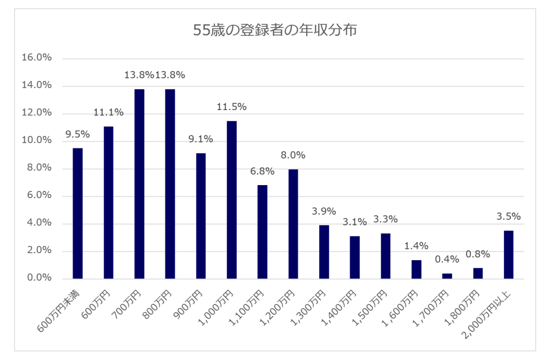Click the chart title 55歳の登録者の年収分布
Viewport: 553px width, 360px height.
tap(275, 31)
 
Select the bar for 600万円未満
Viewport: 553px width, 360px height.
tap(78, 213)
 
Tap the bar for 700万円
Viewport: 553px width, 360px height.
tap(139, 184)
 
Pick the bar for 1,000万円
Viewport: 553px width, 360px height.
tap(232, 200)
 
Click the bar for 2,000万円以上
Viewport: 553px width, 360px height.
tap(508, 254)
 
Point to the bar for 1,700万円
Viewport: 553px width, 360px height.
tap(447, 276)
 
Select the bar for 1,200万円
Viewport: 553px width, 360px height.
tap(293, 224)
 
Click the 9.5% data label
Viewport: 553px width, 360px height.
tap(78, 134)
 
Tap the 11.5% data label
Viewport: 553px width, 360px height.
tap(232, 107)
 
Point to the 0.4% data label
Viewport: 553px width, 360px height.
tap(447, 260)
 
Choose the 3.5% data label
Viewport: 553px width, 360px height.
tap(508, 217)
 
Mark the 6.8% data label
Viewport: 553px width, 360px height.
tap(262, 172)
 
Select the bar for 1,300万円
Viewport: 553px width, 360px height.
tap(324, 252)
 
